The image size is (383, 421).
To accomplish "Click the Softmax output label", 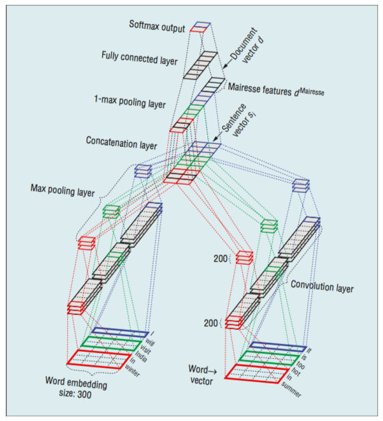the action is tap(157, 26).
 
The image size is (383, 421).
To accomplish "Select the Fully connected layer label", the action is tap(140, 58).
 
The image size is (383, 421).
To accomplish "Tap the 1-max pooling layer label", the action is tap(130, 102).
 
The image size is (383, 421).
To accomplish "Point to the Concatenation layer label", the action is tap(121, 143).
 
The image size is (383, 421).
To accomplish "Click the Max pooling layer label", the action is tap(63, 190).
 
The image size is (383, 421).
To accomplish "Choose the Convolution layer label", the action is tap(322, 286).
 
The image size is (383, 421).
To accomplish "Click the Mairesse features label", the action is tap(276, 89).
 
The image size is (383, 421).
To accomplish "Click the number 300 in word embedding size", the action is tap(85, 394).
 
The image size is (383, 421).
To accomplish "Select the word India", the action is tap(141, 356).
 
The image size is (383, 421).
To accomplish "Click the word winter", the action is tap(132, 371).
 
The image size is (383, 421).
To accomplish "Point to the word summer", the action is tap(291, 389).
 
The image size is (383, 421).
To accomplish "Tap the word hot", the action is tap(296, 371).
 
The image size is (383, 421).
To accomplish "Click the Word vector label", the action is tap(202, 375).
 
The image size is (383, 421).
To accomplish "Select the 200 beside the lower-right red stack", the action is tap(211, 323).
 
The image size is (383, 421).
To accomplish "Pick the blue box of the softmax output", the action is tap(202, 25).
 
